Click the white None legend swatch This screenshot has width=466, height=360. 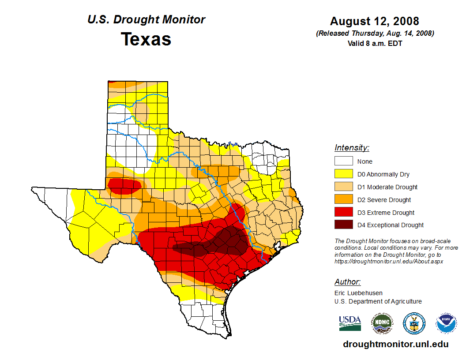click(343, 161)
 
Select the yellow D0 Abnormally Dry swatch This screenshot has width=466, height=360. click(343, 174)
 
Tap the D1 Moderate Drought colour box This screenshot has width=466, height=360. click(343, 187)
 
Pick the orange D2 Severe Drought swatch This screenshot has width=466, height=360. click(343, 199)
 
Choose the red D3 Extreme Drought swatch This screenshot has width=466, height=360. click(343, 212)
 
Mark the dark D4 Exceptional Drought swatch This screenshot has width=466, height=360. click(343, 225)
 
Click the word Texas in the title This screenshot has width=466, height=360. click(146, 39)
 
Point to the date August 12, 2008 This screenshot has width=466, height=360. click(375, 21)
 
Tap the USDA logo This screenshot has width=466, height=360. click(350, 323)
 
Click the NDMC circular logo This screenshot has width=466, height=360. click(382, 323)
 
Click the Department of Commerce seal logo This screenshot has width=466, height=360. click(414, 323)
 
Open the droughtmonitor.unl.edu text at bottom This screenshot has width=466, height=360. click(395, 344)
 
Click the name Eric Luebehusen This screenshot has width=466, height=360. click(358, 292)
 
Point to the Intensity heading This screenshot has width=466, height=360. click(352, 148)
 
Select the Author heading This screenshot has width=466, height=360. click(347, 282)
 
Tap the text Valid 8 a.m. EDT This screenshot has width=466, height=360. click(375, 43)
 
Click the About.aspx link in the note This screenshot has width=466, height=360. click(388, 261)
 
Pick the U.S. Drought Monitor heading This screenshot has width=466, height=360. click(146, 19)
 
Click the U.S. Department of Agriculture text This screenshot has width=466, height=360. click(378, 301)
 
